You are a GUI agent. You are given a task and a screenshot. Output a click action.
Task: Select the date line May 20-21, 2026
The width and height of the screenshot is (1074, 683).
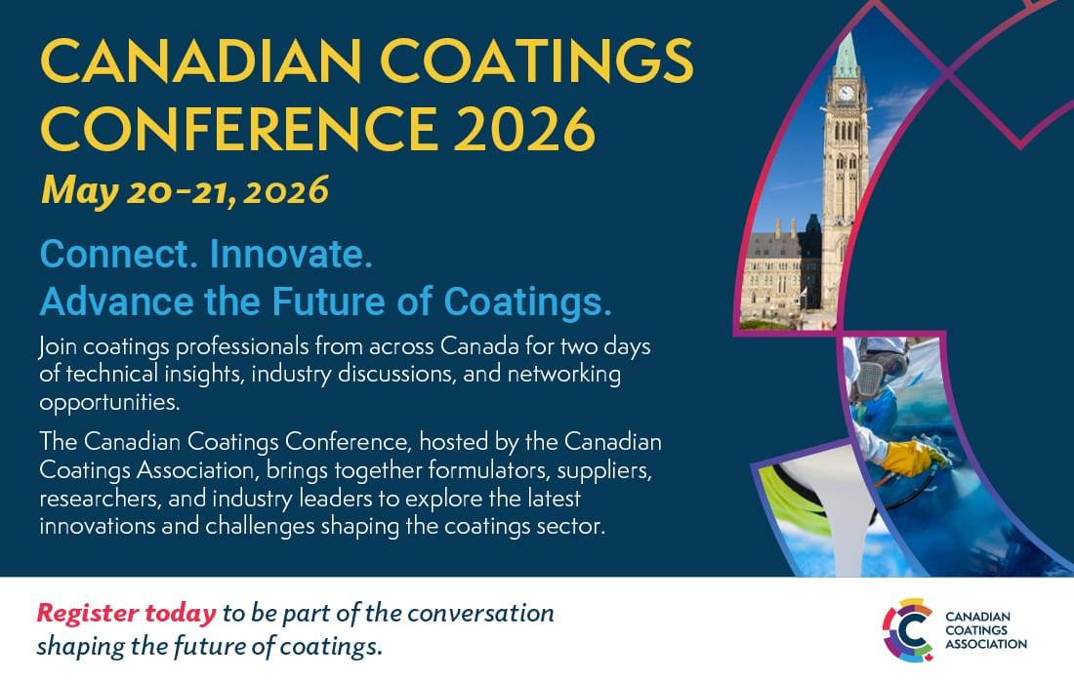tap(185, 191)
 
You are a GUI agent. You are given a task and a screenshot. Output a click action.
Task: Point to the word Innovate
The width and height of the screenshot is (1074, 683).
tap(291, 256)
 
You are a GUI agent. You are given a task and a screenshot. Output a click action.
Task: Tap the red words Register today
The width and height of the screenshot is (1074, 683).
tap(126, 614)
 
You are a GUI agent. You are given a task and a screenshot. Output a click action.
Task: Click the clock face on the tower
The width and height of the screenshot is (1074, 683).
tap(847, 95)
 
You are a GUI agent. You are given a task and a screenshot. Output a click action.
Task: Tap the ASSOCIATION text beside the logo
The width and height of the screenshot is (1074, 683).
tap(986, 644)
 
